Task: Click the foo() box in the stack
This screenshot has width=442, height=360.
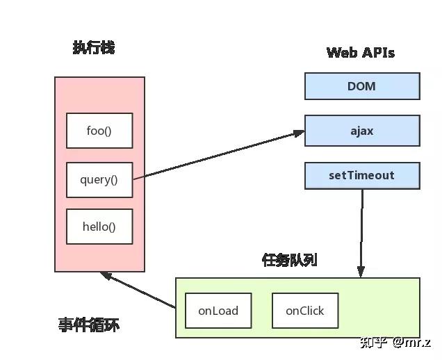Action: (x=99, y=131)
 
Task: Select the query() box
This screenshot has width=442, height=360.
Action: (x=99, y=180)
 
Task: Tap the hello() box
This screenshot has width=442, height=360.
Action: (x=99, y=227)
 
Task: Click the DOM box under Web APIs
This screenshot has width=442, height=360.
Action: (x=362, y=87)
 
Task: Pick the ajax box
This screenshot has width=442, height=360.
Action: (x=362, y=131)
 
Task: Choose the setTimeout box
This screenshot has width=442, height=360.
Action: (x=362, y=176)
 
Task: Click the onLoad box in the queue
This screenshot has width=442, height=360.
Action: (x=218, y=311)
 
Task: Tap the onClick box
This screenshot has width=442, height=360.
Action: (x=304, y=311)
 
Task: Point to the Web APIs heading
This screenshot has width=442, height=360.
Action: (x=361, y=53)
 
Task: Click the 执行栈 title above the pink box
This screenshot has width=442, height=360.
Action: (x=94, y=47)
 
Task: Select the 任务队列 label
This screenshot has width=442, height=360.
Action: (x=290, y=260)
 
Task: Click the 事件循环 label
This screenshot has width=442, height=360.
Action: (x=89, y=325)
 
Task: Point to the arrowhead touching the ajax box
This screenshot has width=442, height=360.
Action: (x=299, y=132)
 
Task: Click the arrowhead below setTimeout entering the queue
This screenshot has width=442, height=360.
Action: (x=361, y=272)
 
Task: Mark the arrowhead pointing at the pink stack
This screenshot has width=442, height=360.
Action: (x=106, y=275)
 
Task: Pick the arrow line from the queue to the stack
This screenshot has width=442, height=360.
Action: (x=139, y=291)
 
